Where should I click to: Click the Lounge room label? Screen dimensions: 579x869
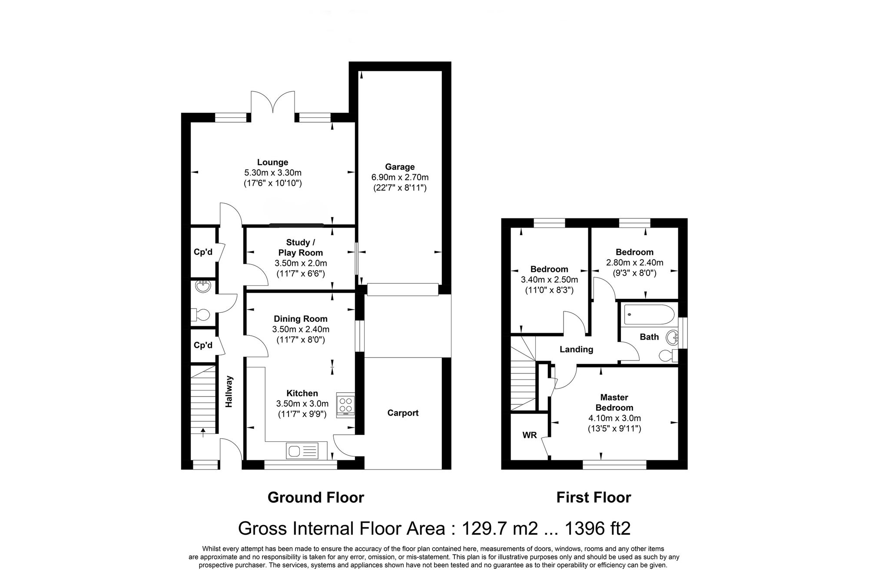(x=272, y=162)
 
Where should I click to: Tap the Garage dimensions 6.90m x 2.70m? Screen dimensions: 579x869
(x=400, y=177)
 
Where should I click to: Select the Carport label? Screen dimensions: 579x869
(x=403, y=413)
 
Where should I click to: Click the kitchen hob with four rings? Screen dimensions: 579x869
(x=346, y=405)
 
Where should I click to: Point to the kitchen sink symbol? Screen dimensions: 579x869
(x=302, y=450)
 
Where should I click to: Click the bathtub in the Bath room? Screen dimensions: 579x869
(x=649, y=314)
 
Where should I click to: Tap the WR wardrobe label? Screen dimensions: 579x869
(x=529, y=435)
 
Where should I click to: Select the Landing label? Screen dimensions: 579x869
(x=576, y=349)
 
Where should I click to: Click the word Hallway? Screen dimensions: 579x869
(x=229, y=391)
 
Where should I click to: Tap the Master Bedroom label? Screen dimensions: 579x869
(x=614, y=402)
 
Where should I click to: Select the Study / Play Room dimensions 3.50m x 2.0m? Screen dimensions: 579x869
(x=301, y=263)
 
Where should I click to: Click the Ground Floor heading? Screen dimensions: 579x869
(x=315, y=497)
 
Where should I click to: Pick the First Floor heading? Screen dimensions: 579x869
(x=594, y=497)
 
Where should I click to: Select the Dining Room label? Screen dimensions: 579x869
(x=301, y=319)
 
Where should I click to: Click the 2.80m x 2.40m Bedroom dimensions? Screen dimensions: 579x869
(x=634, y=262)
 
